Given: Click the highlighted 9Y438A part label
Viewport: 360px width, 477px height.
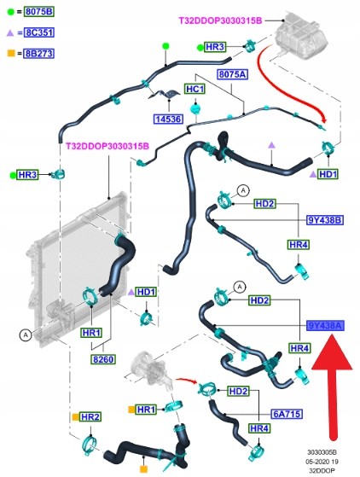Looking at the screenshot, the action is [x=325, y=326].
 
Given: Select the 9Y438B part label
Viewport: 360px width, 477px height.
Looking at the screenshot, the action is [x=324, y=219].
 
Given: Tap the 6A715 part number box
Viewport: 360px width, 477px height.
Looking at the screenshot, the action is [x=287, y=414].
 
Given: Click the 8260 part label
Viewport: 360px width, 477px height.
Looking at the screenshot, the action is [x=103, y=359].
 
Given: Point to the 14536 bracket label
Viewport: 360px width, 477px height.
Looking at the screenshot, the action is [x=169, y=119].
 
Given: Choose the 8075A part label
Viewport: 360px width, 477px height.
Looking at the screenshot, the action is [x=232, y=74].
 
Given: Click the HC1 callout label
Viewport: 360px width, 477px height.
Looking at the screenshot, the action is [x=195, y=89].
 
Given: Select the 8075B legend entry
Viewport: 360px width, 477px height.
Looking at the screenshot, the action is [x=39, y=12].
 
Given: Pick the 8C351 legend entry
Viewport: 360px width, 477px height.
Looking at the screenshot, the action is [x=39, y=32].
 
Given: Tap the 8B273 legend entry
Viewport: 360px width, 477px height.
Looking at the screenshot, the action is [x=39, y=54].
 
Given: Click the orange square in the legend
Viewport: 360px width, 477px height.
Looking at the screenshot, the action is [x=10, y=54].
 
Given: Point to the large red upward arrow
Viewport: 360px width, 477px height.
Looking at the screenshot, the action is [x=333, y=387].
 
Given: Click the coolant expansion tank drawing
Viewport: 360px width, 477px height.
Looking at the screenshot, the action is [x=300, y=36].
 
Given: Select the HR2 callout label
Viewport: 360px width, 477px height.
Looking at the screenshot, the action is [x=90, y=417].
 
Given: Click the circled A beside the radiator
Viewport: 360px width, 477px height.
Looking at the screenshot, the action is [x=26, y=335].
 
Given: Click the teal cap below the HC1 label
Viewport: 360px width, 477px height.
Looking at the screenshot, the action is [x=195, y=108].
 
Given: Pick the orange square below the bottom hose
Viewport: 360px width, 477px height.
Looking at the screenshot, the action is [x=143, y=468].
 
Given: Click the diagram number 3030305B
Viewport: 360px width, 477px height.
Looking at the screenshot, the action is [x=322, y=452].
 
